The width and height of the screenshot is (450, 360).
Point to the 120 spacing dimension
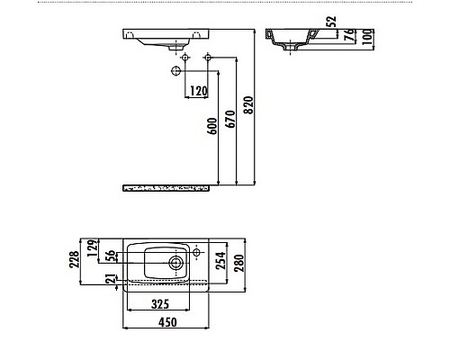pyautogui.click(x=198, y=91)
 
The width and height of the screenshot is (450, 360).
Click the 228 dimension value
pyautogui.click(x=76, y=260)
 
